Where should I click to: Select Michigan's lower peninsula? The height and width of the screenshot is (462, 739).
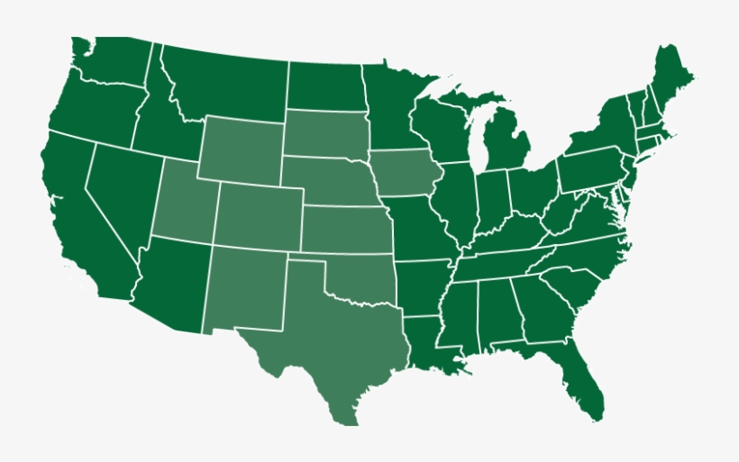click(x=505, y=144)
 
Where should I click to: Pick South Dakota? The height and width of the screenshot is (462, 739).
click(x=324, y=135)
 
